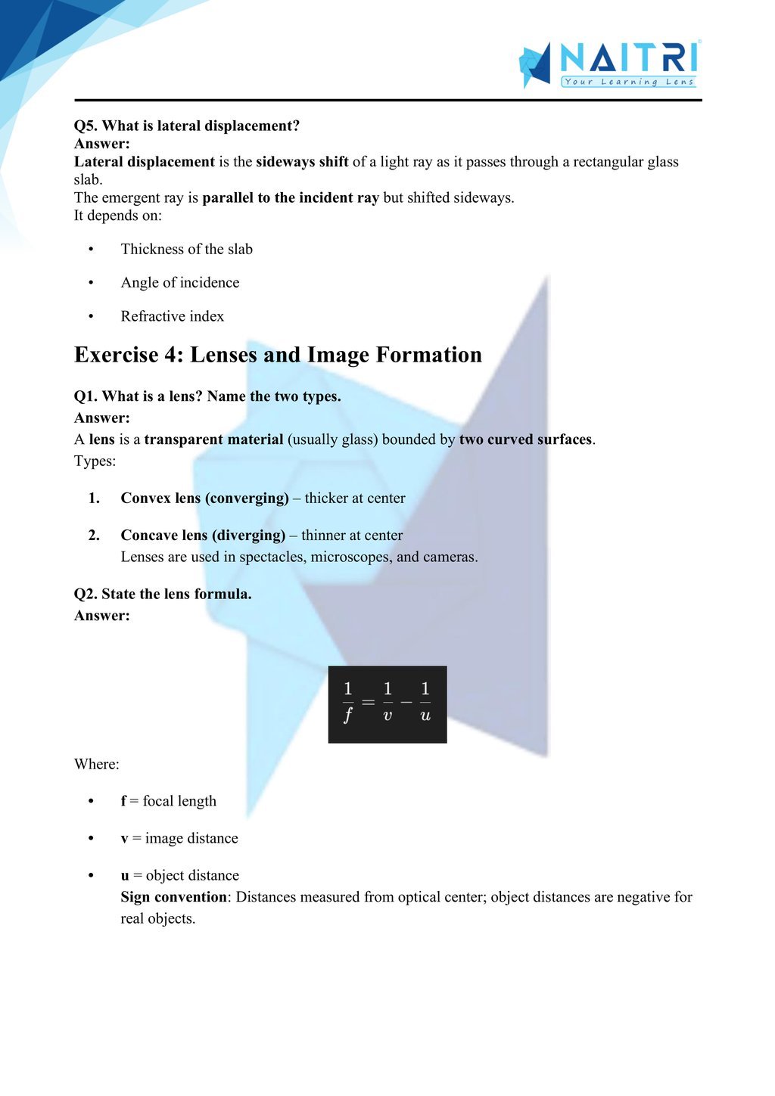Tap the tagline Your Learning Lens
point(628,82)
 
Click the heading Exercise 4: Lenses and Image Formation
point(278,355)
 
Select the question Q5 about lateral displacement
point(187,126)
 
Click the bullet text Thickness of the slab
point(186,249)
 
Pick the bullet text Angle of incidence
point(179,282)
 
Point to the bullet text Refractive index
point(172,316)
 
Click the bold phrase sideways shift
point(302,162)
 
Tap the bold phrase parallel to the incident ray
point(291,197)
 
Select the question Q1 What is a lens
point(207,396)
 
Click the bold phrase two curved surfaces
point(525,439)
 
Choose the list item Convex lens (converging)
point(204,498)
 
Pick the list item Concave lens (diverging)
point(203,535)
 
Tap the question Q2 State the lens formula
point(163,594)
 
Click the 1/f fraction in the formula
point(347,702)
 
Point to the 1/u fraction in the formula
point(425,702)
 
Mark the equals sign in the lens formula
point(368,702)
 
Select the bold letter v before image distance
point(124,838)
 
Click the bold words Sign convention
point(173,897)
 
